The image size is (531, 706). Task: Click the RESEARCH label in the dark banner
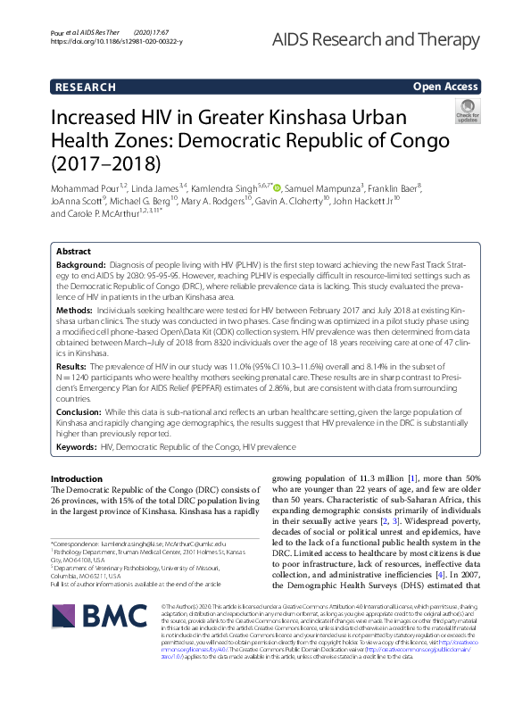(85, 87)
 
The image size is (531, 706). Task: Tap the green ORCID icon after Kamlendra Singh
(278, 188)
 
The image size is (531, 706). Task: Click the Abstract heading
(73, 252)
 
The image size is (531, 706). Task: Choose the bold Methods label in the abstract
(73, 308)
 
